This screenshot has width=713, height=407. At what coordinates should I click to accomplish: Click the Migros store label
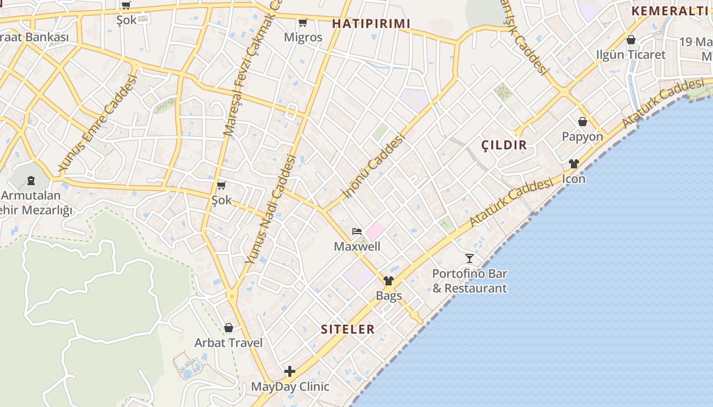303,37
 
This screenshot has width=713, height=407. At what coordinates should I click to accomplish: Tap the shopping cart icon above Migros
303,22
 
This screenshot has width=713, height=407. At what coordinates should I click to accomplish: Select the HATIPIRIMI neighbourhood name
371,23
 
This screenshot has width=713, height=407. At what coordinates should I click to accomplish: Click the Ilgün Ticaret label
630,54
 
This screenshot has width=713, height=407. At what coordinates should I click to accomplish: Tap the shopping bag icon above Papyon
583,122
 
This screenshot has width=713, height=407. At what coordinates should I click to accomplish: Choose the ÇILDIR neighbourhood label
504,145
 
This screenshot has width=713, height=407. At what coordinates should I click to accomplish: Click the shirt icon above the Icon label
574,164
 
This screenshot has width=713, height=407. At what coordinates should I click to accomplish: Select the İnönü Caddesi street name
373,165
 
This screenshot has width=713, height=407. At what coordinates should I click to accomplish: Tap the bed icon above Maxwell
357,231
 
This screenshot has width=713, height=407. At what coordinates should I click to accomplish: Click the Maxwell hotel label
357,247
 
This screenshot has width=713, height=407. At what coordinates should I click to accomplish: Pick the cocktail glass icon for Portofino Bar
470,258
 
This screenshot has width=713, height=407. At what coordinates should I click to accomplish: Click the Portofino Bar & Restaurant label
470,281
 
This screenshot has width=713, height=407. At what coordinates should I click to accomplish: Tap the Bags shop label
389,296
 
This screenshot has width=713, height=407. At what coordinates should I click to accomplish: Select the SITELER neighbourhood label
348,329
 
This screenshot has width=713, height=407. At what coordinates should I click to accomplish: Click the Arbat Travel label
229,343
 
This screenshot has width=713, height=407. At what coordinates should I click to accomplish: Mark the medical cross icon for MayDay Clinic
290,371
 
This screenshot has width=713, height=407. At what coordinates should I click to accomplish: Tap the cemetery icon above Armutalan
31,180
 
